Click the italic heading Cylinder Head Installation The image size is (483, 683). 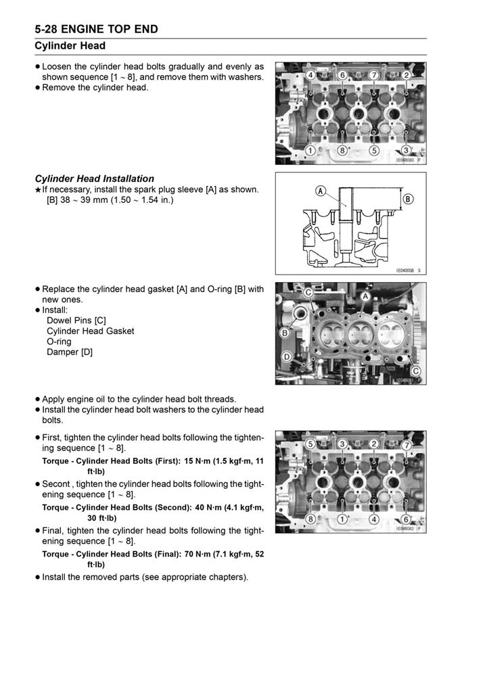[x=95, y=179]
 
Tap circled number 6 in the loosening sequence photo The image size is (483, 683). [x=342, y=74]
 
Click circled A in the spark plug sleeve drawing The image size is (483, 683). [x=319, y=191]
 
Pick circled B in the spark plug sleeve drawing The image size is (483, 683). [x=408, y=199]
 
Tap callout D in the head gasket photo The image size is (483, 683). [x=287, y=356]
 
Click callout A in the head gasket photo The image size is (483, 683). [x=365, y=296]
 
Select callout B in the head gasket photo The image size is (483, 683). [x=285, y=333]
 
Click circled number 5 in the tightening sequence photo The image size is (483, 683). [x=310, y=444]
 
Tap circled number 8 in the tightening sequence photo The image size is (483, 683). [x=310, y=519]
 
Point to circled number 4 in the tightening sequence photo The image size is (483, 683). [x=373, y=519]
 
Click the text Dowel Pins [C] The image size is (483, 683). [x=76, y=320]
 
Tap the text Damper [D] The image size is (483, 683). [x=69, y=352]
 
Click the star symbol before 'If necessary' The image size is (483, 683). [x=38, y=190]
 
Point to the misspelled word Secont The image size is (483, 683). [x=57, y=484]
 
